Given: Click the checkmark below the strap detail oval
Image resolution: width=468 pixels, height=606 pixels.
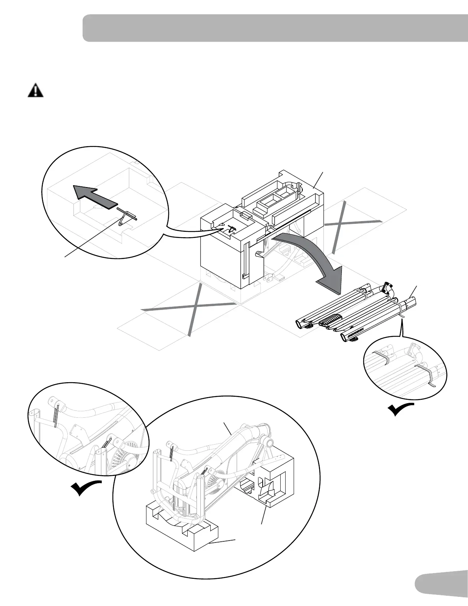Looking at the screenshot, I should pos(400,410).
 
